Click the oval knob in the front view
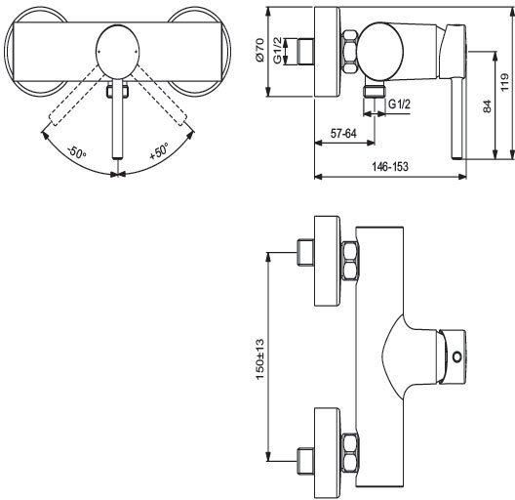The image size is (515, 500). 119,46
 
